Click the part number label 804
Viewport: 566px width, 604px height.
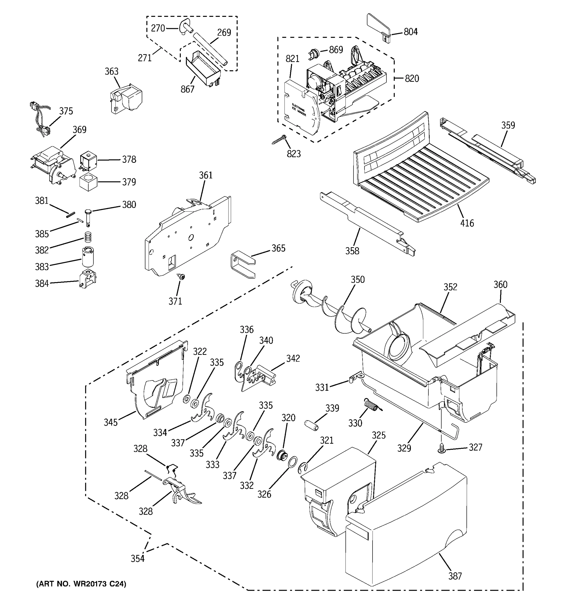coord(411,32)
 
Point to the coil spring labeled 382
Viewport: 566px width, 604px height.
coord(88,237)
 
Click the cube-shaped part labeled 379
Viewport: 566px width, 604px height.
coord(88,182)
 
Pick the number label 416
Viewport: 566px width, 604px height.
coord(467,223)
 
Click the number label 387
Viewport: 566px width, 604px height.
coord(455,576)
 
